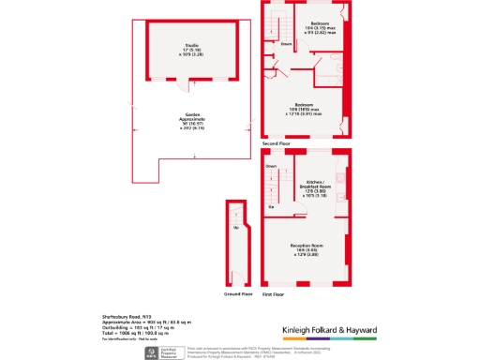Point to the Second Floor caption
[277, 142]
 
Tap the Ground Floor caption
[239, 293]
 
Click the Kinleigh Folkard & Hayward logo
[330, 331]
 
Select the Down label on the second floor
[285, 43]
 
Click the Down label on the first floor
[271, 166]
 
